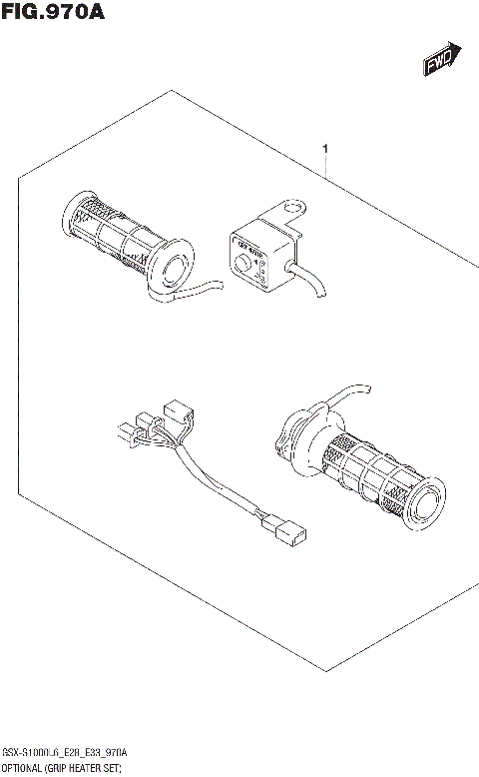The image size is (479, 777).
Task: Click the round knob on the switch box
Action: [240, 262]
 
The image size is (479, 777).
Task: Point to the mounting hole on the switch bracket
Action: [292, 210]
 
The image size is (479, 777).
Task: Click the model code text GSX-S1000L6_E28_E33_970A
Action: [64, 751]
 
